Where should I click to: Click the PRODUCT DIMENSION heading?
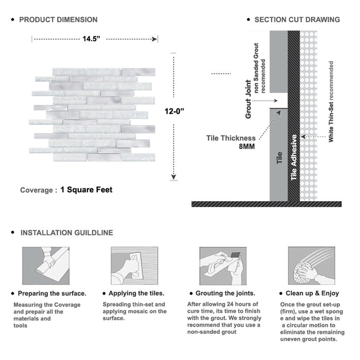pos(58,20)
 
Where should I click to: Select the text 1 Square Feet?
pos(86,190)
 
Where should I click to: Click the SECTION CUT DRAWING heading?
pos(297,20)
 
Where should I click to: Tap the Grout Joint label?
pos(248,99)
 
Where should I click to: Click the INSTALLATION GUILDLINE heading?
pos(66,232)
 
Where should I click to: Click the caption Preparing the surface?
pos(52,293)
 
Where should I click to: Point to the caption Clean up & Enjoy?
pos(313,293)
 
